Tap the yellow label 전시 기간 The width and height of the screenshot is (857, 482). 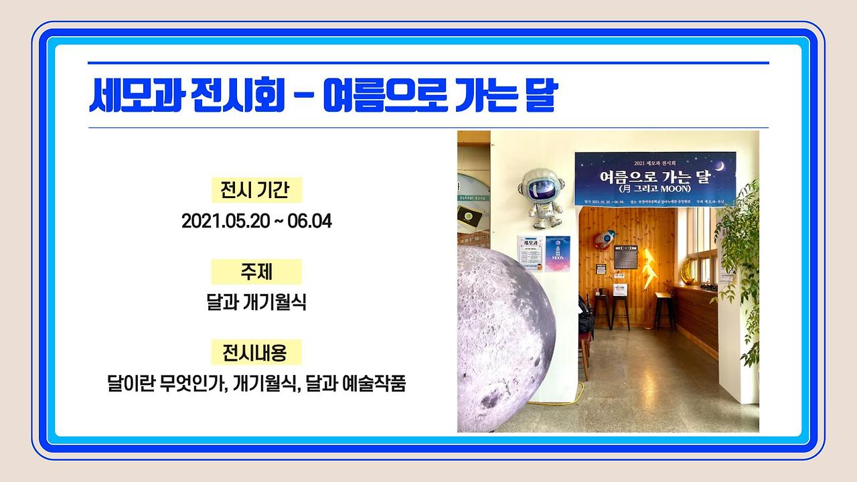coord(256,191)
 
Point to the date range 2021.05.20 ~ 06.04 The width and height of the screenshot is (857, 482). coord(256,221)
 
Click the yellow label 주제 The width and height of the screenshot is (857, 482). coord(256,272)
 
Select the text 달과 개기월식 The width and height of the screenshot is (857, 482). coord(256,302)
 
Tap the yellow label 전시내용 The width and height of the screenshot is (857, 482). coord(256,352)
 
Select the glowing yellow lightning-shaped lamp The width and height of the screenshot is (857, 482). coord(649,268)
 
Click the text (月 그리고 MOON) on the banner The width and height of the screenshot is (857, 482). coord(654,189)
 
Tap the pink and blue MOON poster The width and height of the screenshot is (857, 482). coord(558,254)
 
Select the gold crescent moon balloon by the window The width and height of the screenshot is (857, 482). coord(687,270)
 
